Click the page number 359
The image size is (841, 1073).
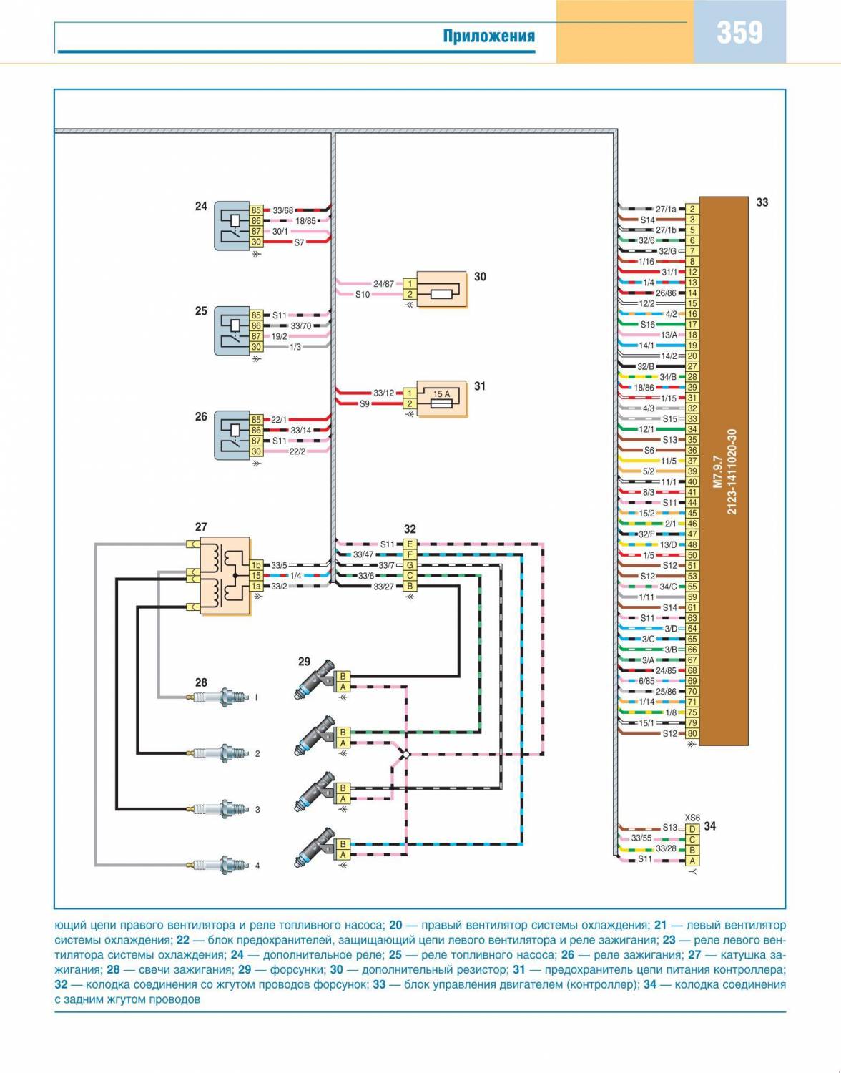(739, 33)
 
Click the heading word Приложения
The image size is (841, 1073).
(488, 36)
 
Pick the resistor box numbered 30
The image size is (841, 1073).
(441, 289)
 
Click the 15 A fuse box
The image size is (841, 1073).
(441, 398)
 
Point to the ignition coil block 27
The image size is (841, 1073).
(224, 575)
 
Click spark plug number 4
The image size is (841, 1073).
(220, 865)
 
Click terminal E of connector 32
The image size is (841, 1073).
(410, 544)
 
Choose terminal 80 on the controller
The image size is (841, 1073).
(692, 733)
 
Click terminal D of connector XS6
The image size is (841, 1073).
(692, 828)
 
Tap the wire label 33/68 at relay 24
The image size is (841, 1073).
(282, 210)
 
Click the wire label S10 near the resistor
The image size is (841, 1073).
(363, 295)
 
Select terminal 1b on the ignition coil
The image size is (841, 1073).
(256, 565)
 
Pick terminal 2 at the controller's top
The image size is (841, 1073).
(692, 210)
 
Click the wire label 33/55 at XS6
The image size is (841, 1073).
(641, 838)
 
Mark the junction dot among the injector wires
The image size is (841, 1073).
(405, 754)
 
